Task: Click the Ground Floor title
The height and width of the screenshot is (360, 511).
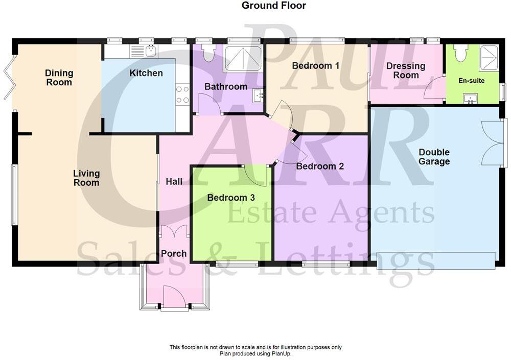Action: tap(273, 6)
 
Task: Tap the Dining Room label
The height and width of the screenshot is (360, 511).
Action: tap(59, 78)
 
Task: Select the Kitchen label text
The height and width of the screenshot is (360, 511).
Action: tap(146, 73)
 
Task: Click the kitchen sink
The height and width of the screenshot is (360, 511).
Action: tap(151, 50)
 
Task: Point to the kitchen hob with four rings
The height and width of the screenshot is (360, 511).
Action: tap(182, 94)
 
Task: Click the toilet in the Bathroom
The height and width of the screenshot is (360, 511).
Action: tap(208, 54)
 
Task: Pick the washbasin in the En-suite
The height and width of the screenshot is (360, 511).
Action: tap(469, 98)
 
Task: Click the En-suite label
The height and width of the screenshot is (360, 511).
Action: tap(471, 81)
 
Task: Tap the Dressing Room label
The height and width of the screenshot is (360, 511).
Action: tap(406, 70)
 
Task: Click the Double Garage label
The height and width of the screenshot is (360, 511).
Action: tap(434, 157)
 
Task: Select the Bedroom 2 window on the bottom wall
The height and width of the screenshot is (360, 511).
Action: tap(326, 263)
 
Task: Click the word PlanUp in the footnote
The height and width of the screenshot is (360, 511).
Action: tap(278, 353)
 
